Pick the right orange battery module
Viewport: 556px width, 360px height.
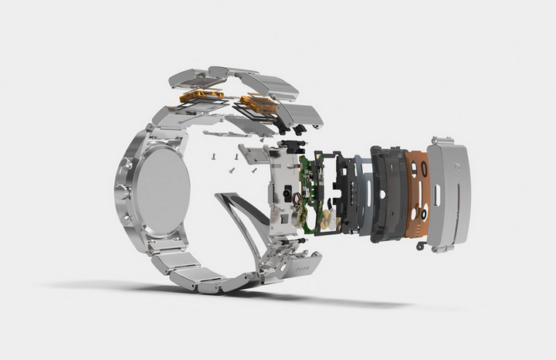click(259, 104)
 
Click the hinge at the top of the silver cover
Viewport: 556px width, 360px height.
click(441, 141)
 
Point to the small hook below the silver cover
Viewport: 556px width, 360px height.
click(421, 246)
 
